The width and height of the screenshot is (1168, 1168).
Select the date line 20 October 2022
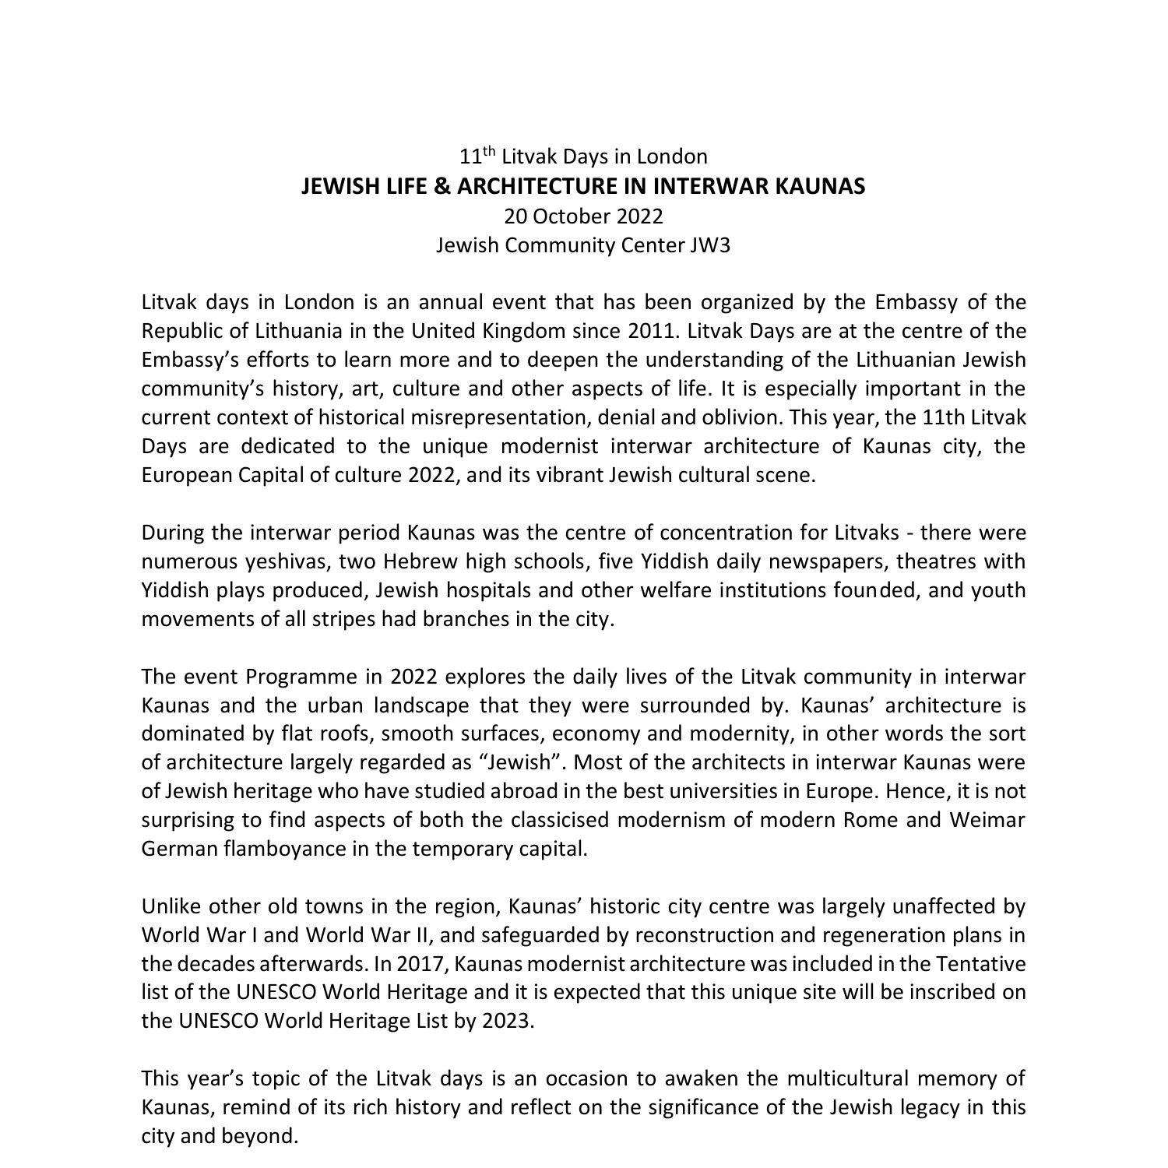583,216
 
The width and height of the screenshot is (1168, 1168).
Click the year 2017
420,964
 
